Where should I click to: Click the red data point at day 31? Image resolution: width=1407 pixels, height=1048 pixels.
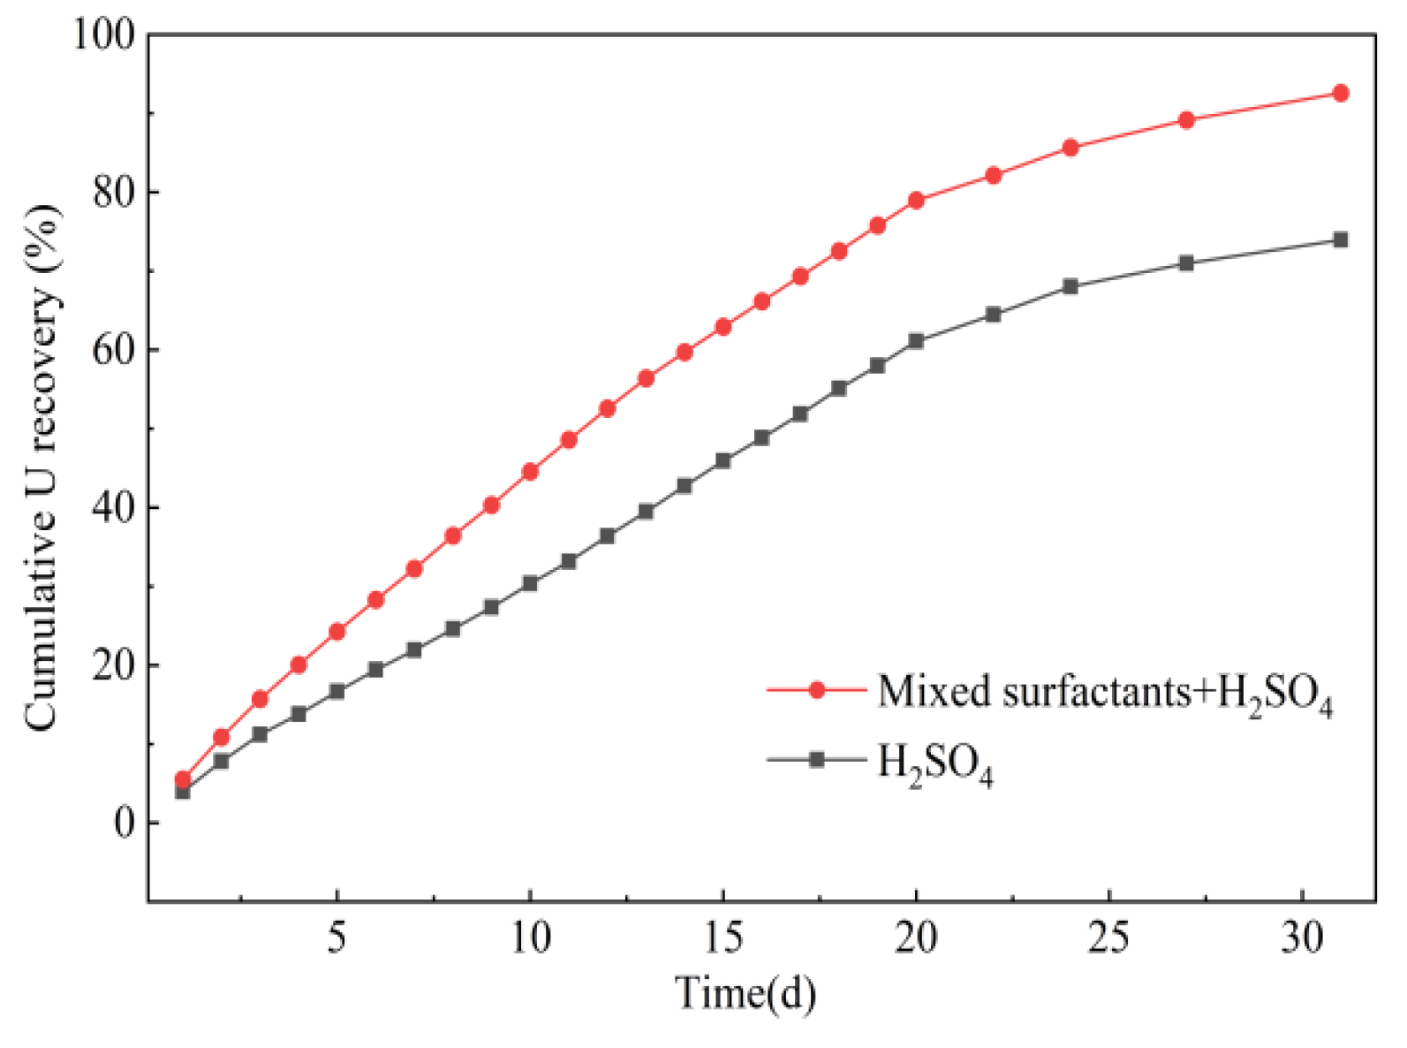1341,94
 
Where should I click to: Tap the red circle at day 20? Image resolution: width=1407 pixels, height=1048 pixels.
916,201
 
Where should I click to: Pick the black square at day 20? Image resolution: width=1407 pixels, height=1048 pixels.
916,341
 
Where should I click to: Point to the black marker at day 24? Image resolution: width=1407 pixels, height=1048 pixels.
1070,286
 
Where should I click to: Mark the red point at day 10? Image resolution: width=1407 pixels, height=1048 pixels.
530,472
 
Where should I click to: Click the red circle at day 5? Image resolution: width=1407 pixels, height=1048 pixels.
337,632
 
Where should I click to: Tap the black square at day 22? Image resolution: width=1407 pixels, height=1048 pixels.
994,315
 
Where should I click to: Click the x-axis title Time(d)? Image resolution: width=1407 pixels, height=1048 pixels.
745,993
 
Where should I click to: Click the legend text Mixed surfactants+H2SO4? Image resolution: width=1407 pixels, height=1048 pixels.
1105,693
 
